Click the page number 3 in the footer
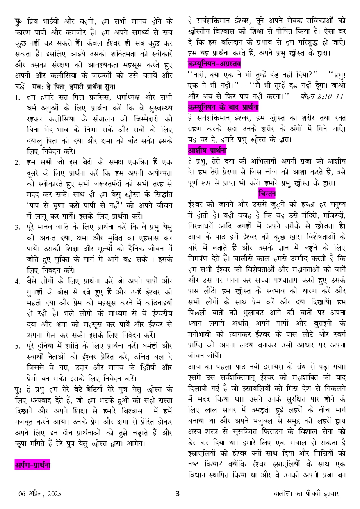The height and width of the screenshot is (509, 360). [177, 493]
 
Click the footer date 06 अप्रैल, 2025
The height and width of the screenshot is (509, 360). [40, 494]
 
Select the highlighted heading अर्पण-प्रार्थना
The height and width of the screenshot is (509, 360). [32, 464]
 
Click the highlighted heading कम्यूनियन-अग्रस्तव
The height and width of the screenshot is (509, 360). [214, 64]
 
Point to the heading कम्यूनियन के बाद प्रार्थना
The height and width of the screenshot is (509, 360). [223, 107]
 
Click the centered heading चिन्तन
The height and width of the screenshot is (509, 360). [267, 193]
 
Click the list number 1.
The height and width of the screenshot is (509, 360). [17, 98]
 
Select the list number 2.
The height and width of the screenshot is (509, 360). [17, 162]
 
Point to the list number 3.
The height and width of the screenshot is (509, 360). [17, 226]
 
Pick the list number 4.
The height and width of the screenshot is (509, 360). [17, 281]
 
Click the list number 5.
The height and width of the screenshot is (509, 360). [17, 346]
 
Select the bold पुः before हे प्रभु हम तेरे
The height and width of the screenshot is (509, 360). [19, 388]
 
